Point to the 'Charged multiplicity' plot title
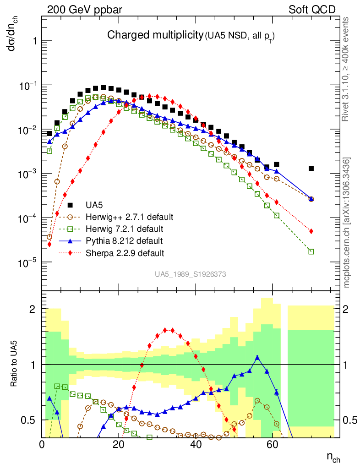coord(155,35)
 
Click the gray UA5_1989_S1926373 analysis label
coord(190,274)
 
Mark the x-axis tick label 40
coord(196,444)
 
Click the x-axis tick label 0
coord(42,444)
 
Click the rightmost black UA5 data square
coord(311,169)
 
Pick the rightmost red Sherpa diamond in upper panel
coord(311,231)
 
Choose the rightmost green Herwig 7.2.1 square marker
coord(311,251)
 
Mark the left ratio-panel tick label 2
coord(32,309)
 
